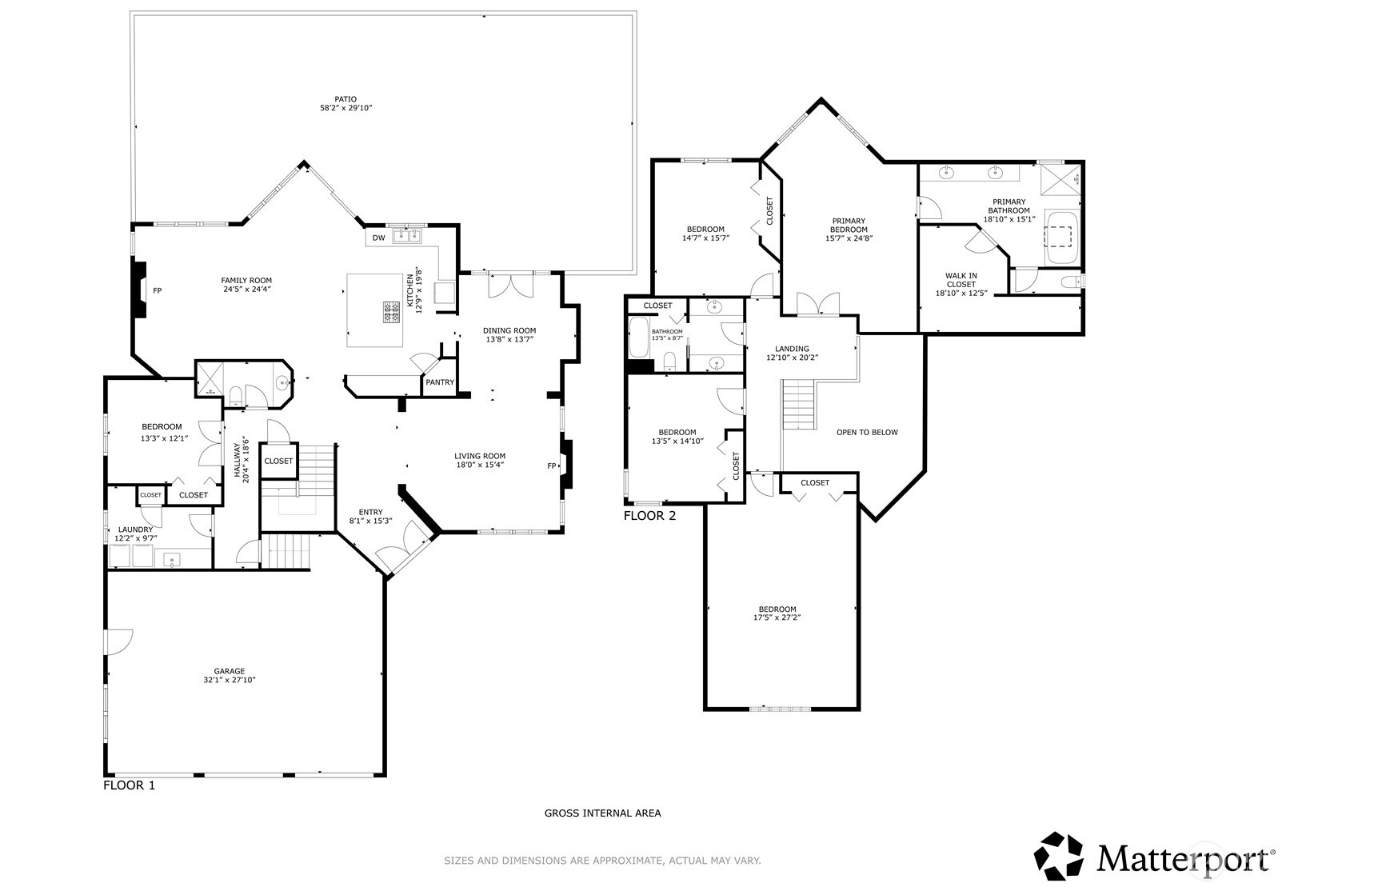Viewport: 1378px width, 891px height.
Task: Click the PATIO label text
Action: [345, 99]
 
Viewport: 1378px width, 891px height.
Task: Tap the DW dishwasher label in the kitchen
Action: [379, 238]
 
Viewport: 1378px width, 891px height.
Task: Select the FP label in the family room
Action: [158, 290]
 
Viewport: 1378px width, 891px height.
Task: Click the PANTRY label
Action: [440, 382]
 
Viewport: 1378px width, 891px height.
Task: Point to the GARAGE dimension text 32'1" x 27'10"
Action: [230, 680]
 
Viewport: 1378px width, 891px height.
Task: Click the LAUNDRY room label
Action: [136, 529]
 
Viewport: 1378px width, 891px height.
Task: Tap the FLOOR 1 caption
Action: [130, 785]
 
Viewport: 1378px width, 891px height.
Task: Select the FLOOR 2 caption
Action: [649, 516]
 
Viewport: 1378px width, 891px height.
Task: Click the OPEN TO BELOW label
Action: [867, 433]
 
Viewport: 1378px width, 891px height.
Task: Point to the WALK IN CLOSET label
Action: [961, 280]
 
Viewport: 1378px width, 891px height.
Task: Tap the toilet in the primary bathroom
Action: [1071, 282]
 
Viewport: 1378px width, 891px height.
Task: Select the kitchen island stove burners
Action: [392, 311]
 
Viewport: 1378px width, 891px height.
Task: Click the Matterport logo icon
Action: [1060, 856]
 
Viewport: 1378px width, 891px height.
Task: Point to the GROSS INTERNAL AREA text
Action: [603, 813]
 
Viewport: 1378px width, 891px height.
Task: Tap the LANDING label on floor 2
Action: [792, 349]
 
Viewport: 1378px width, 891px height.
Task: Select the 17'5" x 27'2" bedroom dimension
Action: [777, 617]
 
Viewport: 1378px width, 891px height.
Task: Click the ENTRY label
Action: [370, 512]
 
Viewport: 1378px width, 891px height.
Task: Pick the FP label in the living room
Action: [552, 465]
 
